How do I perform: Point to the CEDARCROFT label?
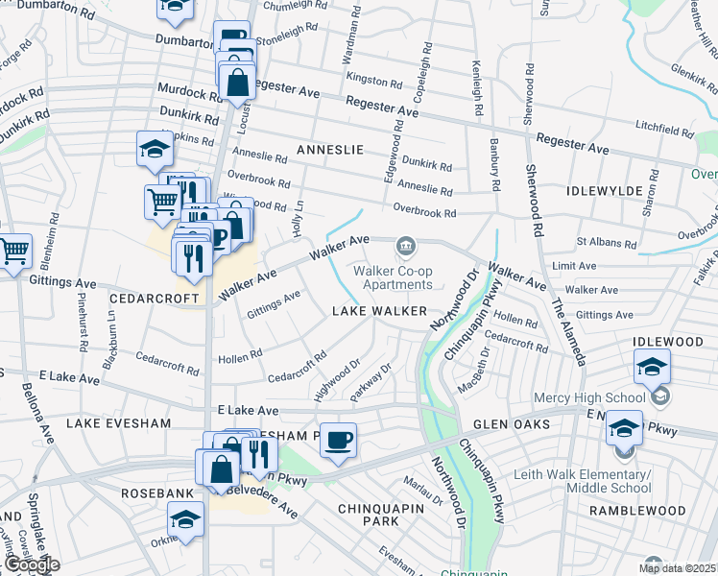click(145, 299)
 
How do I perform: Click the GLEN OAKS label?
click(512, 424)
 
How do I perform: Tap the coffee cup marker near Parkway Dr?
click(337, 441)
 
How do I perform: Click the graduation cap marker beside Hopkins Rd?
click(155, 149)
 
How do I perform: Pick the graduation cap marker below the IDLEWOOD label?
click(652, 367)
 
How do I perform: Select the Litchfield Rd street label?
click(665, 128)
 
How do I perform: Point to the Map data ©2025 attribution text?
click(678, 568)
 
